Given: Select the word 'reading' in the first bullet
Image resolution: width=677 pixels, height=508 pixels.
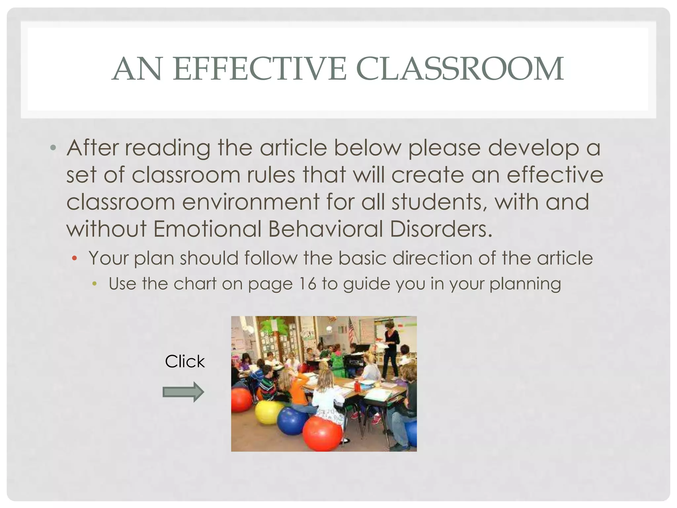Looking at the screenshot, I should coord(167,148).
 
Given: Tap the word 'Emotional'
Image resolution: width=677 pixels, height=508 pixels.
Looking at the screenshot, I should coord(207,229).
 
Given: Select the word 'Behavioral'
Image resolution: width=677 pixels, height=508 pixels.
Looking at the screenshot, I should coord(326,229).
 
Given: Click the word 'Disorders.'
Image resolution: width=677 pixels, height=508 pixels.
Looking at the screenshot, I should coord(441,229).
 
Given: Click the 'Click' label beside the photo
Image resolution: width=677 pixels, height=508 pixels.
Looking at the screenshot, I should coord(185,361).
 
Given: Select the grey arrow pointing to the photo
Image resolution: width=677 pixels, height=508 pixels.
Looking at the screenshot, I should coord(183,392).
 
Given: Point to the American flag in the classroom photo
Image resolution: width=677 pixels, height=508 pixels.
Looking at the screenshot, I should coord(351,331).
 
